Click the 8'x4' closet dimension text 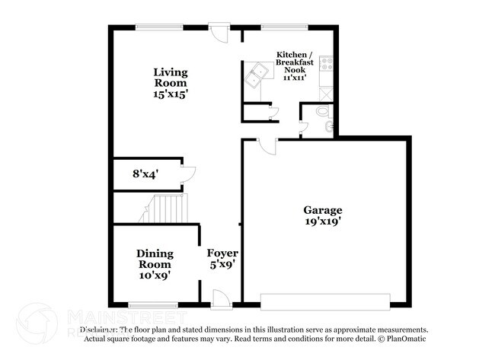[145, 174]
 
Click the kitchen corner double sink [256, 76]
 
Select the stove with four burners [327, 65]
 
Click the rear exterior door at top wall [219, 33]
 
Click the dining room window [154, 305]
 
